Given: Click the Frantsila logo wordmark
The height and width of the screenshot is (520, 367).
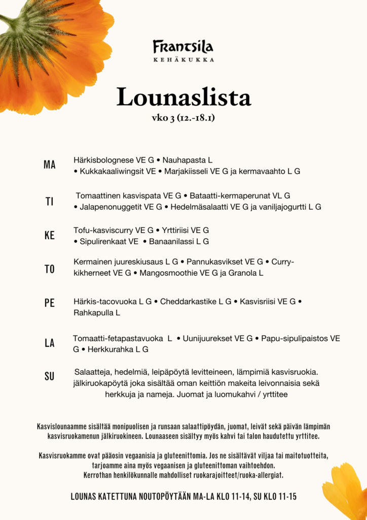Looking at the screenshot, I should click(183, 47).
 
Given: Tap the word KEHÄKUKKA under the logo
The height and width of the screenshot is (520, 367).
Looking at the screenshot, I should click(183, 60).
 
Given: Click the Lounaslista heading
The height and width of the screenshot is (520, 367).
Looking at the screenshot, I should click(183, 97).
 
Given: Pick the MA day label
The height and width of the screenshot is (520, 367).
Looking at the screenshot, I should click(50, 165).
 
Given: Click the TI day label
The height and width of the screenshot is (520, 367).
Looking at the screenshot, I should click(50, 202).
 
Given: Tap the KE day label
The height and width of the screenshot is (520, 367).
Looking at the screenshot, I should click(50, 236).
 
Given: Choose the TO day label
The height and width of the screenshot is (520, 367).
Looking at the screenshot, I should click(50, 269).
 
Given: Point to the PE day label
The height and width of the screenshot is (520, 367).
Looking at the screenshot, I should click(50, 303).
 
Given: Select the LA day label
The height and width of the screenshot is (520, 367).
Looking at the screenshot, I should click(50, 343).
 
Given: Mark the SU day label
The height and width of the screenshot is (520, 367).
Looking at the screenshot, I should click(50, 377).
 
